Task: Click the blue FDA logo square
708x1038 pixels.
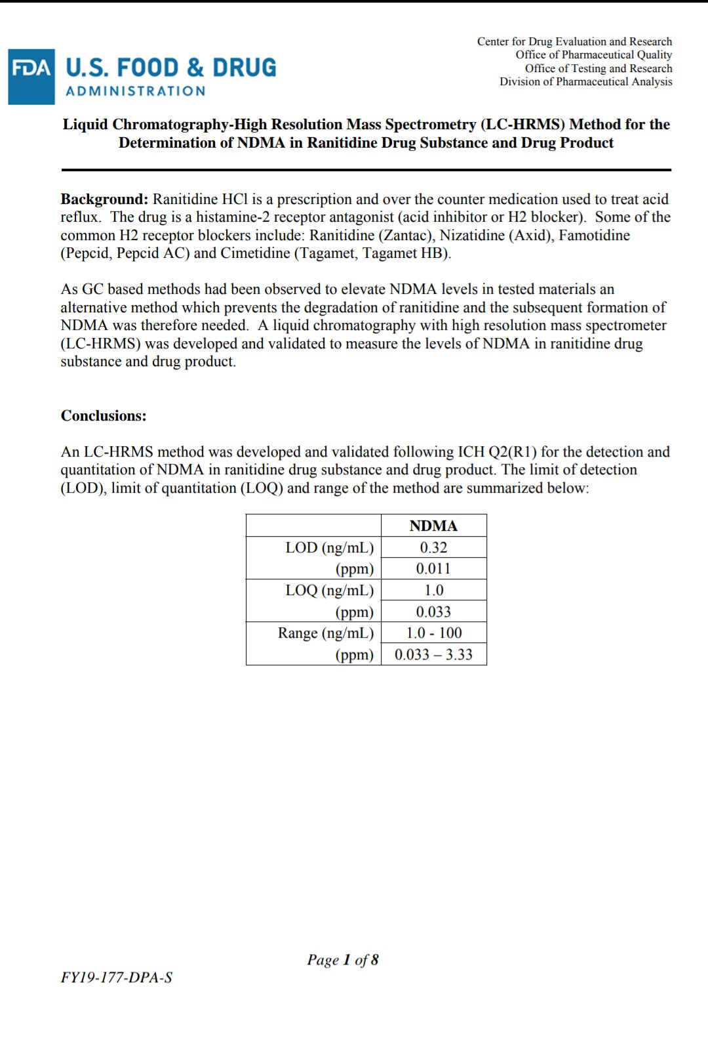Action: (31, 77)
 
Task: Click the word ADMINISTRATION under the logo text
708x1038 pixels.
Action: (136, 91)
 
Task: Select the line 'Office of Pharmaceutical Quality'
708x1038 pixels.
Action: (593, 55)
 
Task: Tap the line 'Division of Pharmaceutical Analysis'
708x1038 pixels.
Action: (585, 82)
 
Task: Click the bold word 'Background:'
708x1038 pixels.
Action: (104, 199)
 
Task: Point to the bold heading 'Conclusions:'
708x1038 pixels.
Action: (104, 416)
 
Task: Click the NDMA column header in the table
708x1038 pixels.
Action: (433, 526)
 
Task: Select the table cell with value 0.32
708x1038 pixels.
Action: (433, 548)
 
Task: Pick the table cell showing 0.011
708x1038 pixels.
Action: (433, 569)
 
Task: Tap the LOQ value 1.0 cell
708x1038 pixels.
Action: (433, 591)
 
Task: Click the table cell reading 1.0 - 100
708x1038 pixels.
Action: (433, 633)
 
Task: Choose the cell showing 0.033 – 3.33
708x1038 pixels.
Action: (433, 655)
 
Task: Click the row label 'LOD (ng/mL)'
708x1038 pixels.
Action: (329, 548)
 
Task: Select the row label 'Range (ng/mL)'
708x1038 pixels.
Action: (326, 633)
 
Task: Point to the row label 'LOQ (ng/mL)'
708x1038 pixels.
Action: (329, 591)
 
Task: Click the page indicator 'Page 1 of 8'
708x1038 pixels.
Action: (343, 961)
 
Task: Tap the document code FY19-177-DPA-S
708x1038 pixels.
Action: (117, 978)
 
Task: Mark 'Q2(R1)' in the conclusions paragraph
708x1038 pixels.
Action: (512, 452)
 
